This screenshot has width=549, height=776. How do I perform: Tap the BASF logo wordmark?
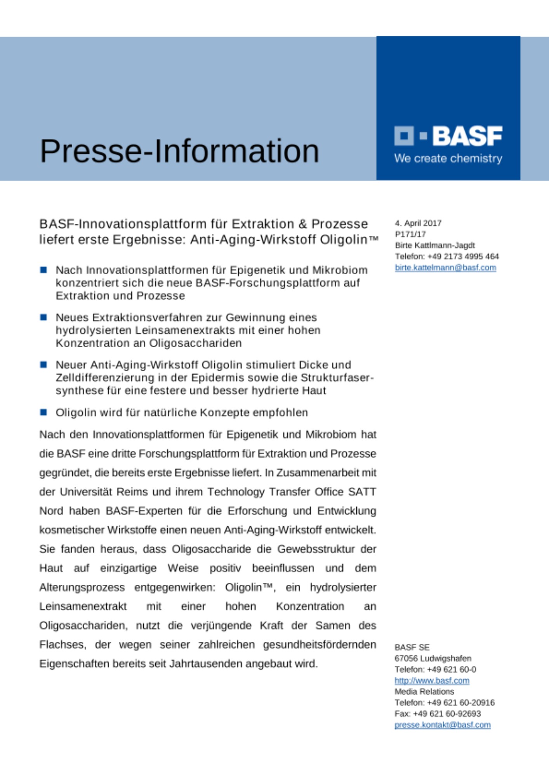pyautogui.click(x=467, y=136)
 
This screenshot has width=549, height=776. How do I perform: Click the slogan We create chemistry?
pyautogui.click(x=448, y=158)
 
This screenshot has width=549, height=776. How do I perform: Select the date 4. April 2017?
pyautogui.click(x=418, y=223)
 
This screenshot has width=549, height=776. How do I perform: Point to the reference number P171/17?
pyautogui.click(x=410, y=234)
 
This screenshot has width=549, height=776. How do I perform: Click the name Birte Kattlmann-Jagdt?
pyautogui.click(x=435, y=245)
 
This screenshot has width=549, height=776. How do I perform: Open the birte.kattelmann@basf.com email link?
pyautogui.click(x=445, y=267)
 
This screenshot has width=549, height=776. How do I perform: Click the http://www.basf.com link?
pyautogui.click(x=432, y=680)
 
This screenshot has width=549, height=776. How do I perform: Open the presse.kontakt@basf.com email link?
pyautogui.click(x=443, y=725)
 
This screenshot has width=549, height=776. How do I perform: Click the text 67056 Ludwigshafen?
pyautogui.click(x=433, y=658)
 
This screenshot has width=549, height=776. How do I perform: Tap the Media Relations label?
pyautogui.click(x=424, y=691)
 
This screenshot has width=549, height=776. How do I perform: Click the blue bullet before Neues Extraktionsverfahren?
pyautogui.click(x=43, y=317)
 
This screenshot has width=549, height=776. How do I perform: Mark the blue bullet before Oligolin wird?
pyautogui.click(x=43, y=412)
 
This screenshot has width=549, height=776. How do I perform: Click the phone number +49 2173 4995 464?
pyautogui.click(x=463, y=256)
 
